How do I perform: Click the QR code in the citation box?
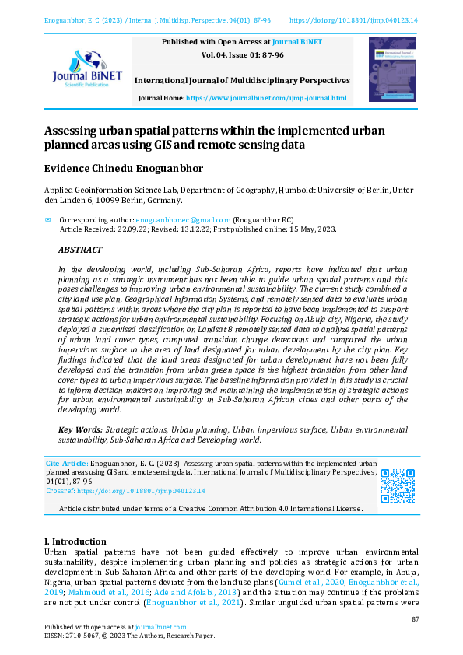pyautogui.click(x=397, y=485)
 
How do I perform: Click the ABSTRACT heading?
pyautogui.click(x=80, y=250)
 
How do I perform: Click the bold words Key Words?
pyautogui.click(x=81, y=429)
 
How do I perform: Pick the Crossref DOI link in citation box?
pyautogui.click(x=141, y=491)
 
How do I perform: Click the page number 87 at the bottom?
pyautogui.click(x=416, y=619)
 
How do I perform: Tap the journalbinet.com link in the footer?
pyautogui.click(x=160, y=627)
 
